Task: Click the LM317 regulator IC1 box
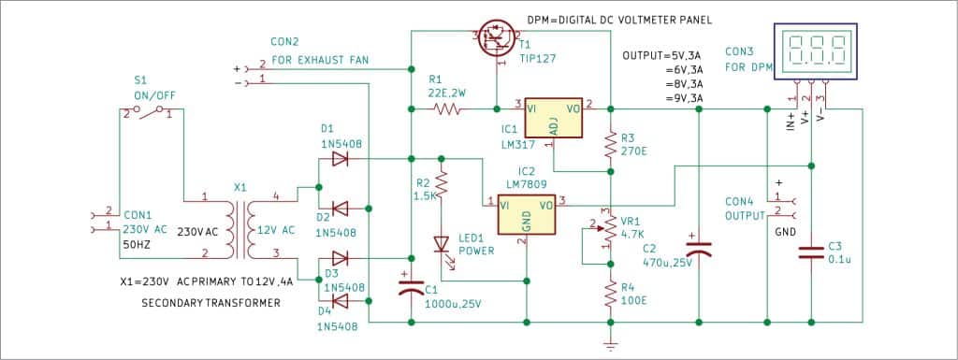tap(555, 121)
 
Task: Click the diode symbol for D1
tap(340, 159)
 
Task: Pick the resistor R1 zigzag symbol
tap(447, 109)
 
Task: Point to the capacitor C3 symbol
tap(810, 251)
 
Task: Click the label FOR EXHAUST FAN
tap(320, 61)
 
